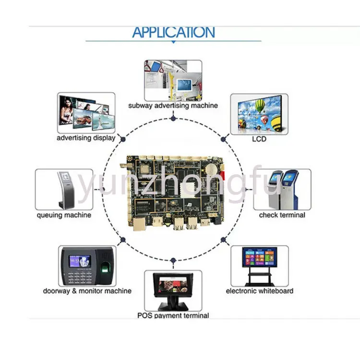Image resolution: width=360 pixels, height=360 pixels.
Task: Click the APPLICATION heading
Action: click(174, 32)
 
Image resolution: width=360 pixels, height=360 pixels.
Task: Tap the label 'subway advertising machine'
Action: click(173, 106)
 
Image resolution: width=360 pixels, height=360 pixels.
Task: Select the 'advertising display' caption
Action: click(86, 138)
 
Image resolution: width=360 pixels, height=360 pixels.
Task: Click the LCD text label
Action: click(259, 139)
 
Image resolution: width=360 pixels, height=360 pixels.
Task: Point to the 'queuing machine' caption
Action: click(64, 215)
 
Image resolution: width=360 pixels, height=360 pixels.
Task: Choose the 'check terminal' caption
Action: click(282, 215)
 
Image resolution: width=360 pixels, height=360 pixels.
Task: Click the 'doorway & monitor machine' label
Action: click(87, 291)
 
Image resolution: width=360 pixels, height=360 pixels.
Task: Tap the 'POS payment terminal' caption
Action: click(173, 315)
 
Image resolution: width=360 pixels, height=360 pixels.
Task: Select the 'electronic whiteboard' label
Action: click(260, 291)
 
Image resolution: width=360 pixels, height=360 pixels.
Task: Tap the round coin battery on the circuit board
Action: click(212, 169)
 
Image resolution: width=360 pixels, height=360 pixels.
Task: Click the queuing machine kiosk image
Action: click(64, 190)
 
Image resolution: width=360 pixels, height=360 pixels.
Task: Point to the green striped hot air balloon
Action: click(260, 106)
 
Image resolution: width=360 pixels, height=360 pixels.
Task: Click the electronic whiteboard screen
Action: click(260, 257)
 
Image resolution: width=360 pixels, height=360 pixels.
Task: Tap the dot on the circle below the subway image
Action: click(173, 119)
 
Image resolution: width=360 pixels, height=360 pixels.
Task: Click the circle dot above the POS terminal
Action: click(173, 260)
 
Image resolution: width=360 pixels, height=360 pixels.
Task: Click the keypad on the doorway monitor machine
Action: click(79, 276)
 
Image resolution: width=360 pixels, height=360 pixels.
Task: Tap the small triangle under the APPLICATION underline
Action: click(174, 42)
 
